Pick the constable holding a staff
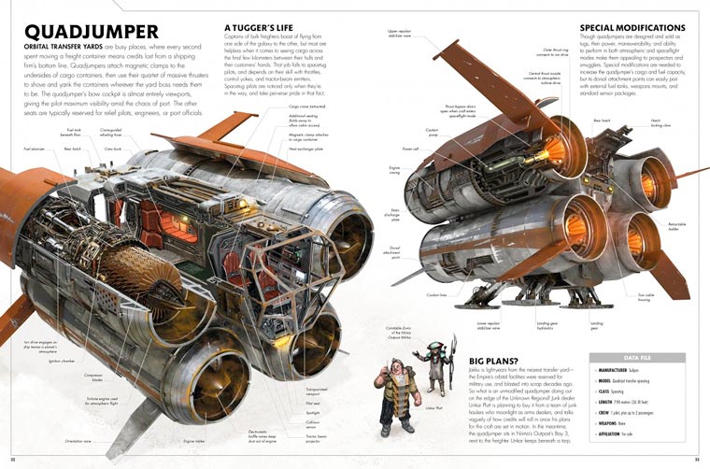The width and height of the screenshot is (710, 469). pos(433,369)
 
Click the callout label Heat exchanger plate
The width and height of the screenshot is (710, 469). pos(306,149)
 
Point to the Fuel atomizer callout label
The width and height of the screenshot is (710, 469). pos(32,148)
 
